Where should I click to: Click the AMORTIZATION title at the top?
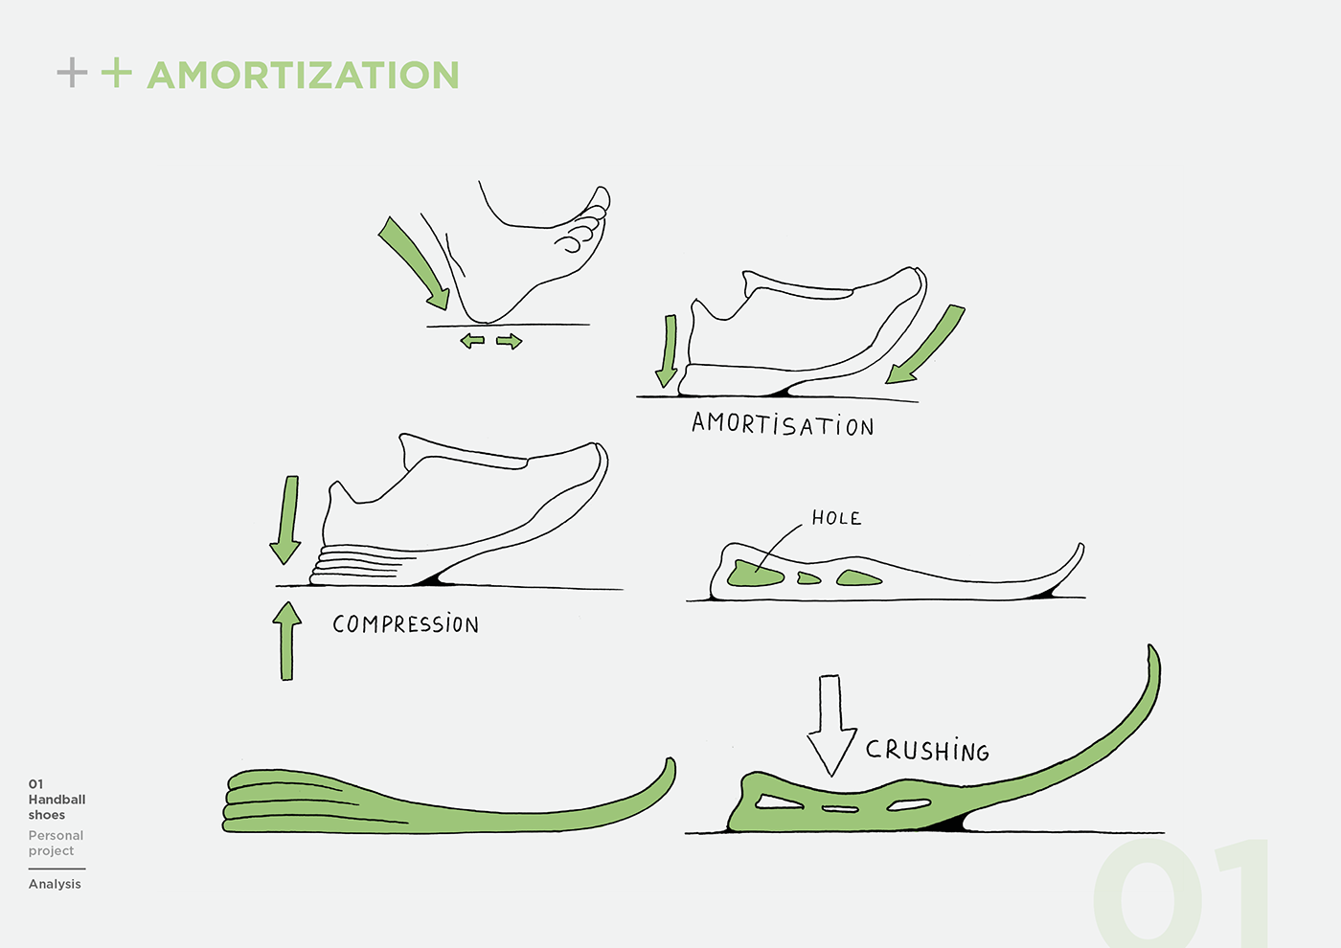303,75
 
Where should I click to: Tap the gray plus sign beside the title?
72,73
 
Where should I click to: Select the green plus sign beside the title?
116,73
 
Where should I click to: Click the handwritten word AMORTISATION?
783,424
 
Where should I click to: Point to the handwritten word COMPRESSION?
405,624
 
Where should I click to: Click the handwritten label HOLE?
836,518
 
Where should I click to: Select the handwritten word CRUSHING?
927,750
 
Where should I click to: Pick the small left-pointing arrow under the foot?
472,340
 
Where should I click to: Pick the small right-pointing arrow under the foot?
510,341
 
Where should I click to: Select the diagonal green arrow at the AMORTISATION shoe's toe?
925,345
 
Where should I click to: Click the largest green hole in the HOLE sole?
755,574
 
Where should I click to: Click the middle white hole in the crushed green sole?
840,809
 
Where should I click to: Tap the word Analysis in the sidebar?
55,884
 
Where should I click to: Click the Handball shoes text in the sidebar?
57,806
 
